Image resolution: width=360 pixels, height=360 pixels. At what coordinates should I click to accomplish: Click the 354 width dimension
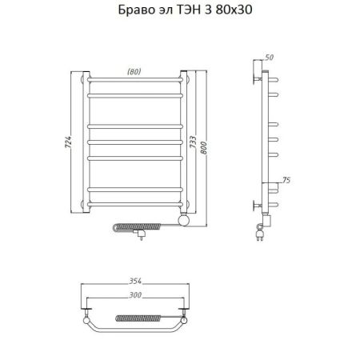coord(137,281)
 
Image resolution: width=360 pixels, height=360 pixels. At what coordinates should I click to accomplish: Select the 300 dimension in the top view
coord(137,296)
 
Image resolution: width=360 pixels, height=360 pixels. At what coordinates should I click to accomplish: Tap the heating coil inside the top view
coord(138,320)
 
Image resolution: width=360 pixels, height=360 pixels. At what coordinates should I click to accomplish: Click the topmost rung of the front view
coord(136,82)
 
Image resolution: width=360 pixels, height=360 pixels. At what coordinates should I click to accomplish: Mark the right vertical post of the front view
coord(185,144)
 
